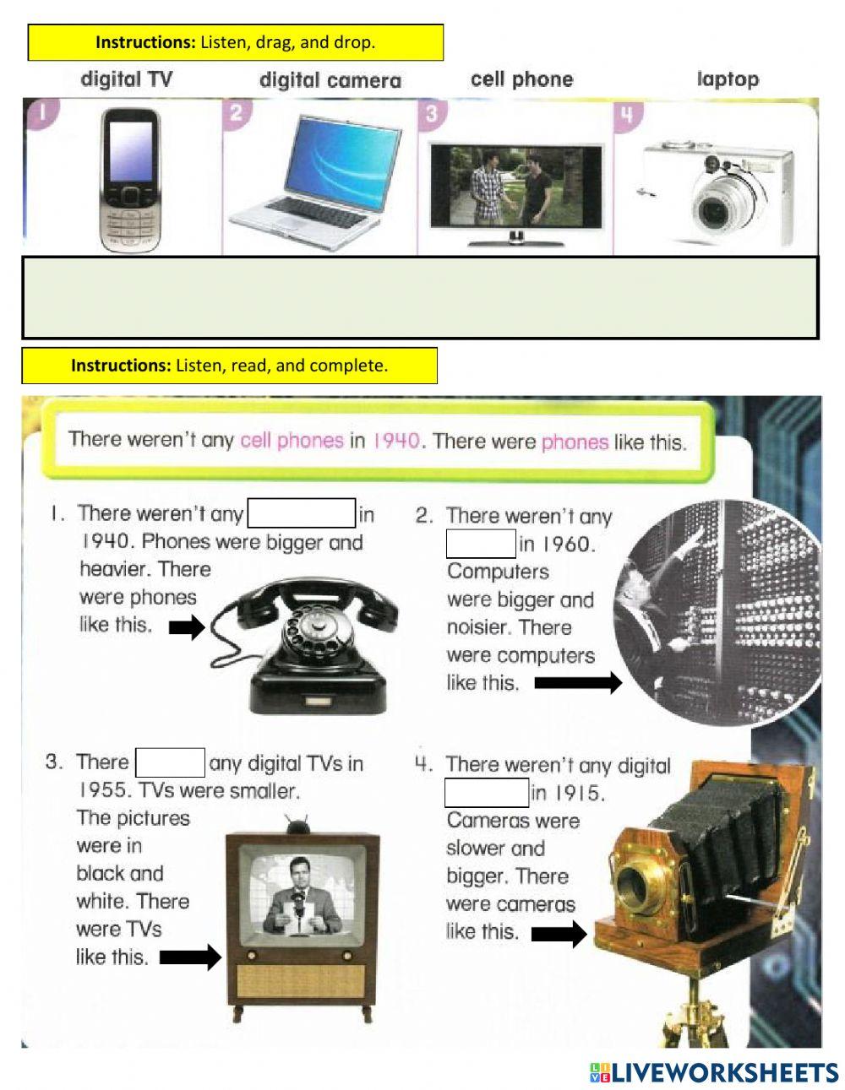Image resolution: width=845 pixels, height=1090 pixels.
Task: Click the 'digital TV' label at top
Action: point(126,79)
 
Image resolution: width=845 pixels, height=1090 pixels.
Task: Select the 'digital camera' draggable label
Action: point(330,80)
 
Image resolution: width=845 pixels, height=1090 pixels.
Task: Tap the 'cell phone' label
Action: point(521,79)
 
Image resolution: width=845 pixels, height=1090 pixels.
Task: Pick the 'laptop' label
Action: point(728,79)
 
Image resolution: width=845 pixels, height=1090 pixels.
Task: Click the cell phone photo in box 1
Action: point(130,180)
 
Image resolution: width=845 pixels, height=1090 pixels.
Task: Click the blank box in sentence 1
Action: point(301,513)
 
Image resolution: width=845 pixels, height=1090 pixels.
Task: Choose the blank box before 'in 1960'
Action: point(481,544)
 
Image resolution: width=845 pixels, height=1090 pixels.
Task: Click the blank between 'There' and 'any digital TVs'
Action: point(170,762)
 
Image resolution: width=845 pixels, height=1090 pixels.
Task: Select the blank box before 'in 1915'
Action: point(487,793)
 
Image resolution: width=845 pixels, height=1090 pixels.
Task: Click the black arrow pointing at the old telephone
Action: point(187,627)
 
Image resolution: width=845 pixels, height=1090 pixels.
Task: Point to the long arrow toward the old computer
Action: point(578,683)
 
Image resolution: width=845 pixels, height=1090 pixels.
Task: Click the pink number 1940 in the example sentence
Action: point(395,440)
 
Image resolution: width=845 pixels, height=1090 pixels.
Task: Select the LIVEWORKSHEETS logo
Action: point(714,1072)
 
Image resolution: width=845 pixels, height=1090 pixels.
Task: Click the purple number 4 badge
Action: point(626,113)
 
